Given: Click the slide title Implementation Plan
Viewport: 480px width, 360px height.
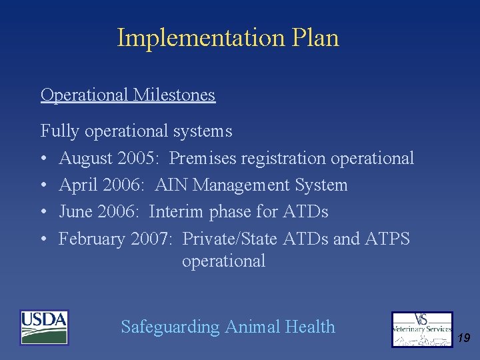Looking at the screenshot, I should [228, 38].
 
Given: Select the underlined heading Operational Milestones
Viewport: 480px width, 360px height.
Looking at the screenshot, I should [128, 95].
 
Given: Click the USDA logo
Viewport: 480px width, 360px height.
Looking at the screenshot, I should [44, 327].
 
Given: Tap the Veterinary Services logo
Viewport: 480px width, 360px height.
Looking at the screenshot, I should [422, 329].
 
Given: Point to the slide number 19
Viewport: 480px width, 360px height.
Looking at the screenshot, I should [464, 339].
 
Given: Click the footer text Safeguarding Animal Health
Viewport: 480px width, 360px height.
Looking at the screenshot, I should [228, 327].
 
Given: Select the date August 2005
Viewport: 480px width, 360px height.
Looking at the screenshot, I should [111, 159].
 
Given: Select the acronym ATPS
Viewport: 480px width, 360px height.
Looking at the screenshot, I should [387, 239].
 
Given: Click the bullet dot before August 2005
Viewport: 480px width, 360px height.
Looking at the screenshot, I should [44, 159].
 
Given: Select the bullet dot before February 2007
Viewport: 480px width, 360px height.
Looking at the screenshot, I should [44, 239].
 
